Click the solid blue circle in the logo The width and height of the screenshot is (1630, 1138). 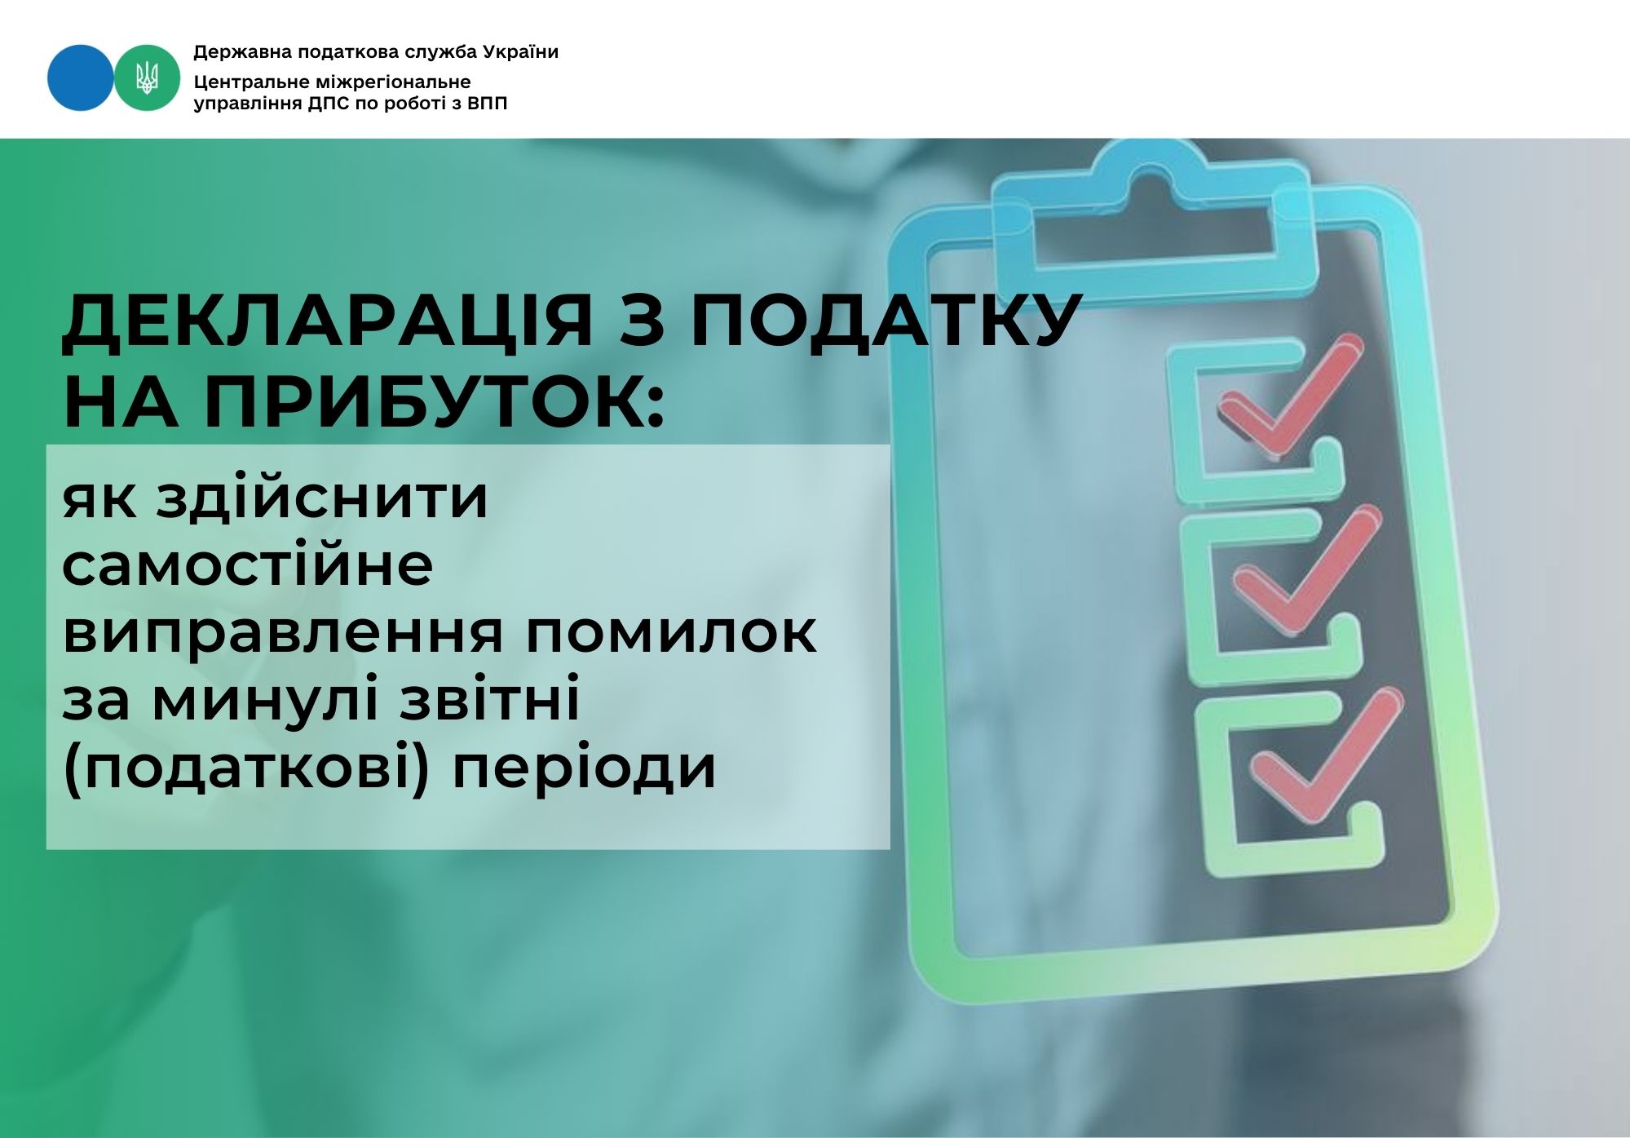coord(81,77)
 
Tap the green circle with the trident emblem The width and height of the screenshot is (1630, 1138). coord(147,77)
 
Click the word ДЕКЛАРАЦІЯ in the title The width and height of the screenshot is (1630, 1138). coord(327,320)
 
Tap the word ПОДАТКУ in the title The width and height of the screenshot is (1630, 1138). coord(886,320)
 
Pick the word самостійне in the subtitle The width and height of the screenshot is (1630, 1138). coord(247,564)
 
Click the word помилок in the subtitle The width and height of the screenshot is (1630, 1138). coord(669,632)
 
